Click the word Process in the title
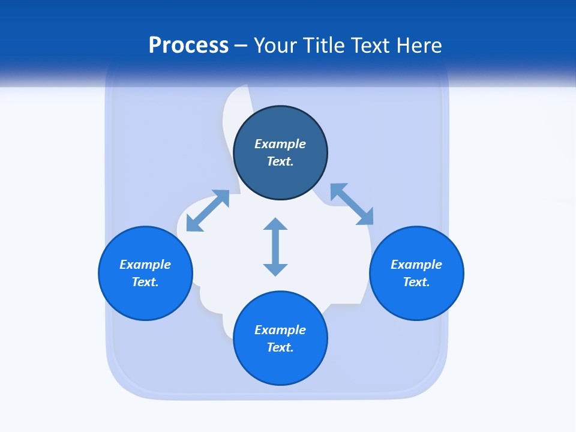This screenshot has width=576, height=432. (188, 46)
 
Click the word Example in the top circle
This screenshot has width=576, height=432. (280, 144)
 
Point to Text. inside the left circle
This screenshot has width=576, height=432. (145, 282)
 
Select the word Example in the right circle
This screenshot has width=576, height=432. (416, 265)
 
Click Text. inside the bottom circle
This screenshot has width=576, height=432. (280, 347)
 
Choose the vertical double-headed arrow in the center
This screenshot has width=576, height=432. (275, 247)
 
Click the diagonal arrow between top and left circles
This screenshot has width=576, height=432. (208, 211)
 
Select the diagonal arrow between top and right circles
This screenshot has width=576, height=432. (352, 204)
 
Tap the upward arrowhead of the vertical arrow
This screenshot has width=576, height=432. (275, 223)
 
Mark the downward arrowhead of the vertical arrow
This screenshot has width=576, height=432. (275, 269)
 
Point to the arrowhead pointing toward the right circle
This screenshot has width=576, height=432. (365, 217)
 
